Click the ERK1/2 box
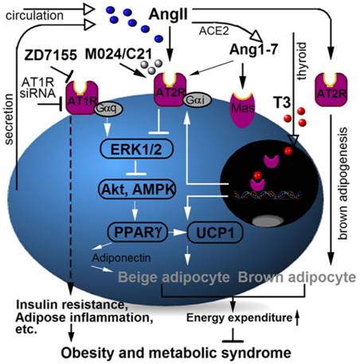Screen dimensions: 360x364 tap(136, 149)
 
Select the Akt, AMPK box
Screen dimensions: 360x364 tap(137, 189)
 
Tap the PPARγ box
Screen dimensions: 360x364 tap(137, 232)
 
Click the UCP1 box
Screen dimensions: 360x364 tap(215, 233)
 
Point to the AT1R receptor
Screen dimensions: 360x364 tap(82, 97)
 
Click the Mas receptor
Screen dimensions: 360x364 tap(243, 109)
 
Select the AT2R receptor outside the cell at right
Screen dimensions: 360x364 tap(331, 90)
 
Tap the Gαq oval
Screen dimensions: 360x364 tap(109, 109)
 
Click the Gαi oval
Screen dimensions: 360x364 tap(198, 100)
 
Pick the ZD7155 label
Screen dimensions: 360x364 tap(51, 56)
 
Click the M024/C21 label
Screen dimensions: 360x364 tap(119, 54)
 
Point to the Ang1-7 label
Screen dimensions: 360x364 tap(253, 49)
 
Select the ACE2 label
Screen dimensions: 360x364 tap(213, 31)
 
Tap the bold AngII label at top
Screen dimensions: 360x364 tap(168, 14)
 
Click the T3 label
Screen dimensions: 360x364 tap(282, 103)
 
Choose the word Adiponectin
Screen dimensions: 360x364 tap(122, 257)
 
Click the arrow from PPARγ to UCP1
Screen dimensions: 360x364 tap(178, 233)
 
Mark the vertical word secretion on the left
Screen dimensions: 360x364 tap(10, 119)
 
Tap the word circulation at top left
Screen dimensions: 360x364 tap(34, 16)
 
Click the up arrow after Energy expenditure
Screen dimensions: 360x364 tap(297, 318)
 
